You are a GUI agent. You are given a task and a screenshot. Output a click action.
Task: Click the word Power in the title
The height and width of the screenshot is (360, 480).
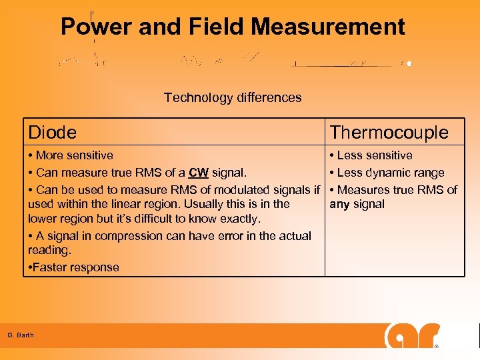coord(96,27)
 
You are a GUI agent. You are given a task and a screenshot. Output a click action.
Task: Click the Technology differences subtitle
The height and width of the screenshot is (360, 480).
coord(233,98)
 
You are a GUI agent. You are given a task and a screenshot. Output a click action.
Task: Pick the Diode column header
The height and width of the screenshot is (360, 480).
coord(52,133)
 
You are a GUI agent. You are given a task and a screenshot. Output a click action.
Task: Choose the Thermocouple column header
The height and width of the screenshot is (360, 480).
coord(389,133)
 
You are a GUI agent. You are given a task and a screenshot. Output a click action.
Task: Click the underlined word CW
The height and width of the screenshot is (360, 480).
coord(199,173)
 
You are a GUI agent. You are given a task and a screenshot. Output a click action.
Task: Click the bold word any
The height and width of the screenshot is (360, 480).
coord(340,204)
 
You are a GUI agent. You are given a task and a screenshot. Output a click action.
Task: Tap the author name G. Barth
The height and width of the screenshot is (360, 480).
coord(21,335)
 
